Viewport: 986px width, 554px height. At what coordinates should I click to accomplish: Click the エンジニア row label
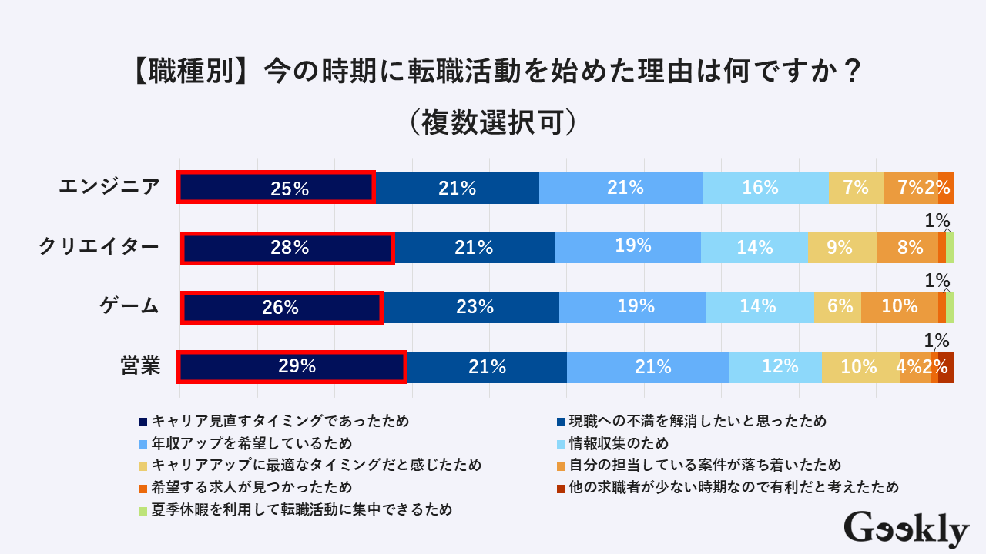[x=109, y=186]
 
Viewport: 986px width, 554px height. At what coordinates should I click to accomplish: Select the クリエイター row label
[x=99, y=246]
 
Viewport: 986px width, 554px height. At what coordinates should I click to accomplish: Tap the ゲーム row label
[x=129, y=305]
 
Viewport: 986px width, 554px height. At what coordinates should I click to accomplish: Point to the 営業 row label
[x=140, y=365]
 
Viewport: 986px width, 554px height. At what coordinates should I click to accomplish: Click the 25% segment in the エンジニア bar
[x=277, y=188]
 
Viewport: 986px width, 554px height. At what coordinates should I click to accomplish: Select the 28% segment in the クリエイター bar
[x=288, y=248]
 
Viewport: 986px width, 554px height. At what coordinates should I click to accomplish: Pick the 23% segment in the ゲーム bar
[x=471, y=307]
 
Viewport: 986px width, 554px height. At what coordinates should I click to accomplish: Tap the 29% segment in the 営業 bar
[x=293, y=366]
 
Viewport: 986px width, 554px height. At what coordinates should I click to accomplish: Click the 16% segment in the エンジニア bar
[x=766, y=188]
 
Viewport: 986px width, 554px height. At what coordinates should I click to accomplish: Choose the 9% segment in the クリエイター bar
[x=843, y=248]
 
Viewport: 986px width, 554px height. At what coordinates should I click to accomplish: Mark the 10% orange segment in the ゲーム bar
[x=899, y=307]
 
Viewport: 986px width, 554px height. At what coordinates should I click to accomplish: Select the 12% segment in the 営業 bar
[x=776, y=366]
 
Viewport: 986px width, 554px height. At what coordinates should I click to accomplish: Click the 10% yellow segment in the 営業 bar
[x=860, y=366]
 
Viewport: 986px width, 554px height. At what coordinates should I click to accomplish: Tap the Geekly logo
[x=906, y=529]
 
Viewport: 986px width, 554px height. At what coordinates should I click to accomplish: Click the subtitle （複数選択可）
[x=493, y=122]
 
